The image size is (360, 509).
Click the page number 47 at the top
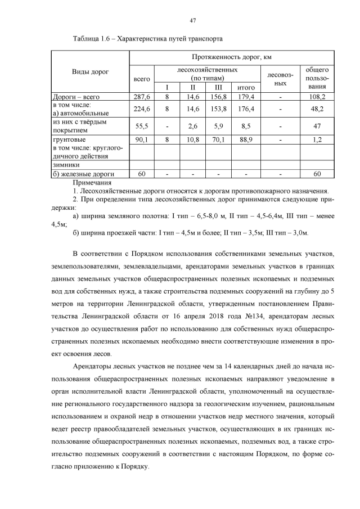(x=193, y=21)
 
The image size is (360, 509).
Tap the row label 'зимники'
(x=66, y=165)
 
